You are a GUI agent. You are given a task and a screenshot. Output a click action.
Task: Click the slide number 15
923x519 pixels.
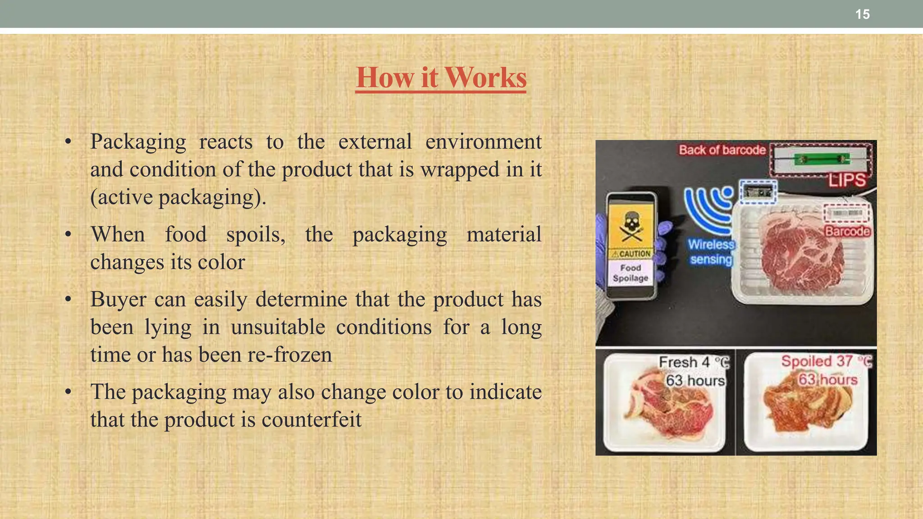tap(862, 14)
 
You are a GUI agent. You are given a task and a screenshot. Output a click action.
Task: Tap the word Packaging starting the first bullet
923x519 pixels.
tap(138, 142)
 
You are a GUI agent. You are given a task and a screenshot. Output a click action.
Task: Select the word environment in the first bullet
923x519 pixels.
tap(483, 142)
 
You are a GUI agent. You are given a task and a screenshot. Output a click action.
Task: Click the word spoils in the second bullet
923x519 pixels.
tap(255, 235)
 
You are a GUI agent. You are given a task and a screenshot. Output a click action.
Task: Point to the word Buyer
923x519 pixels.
tap(118, 300)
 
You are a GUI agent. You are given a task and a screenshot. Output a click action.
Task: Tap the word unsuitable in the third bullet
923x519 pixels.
tap(278, 328)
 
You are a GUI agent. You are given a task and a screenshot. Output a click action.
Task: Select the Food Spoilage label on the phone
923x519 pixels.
tap(631, 273)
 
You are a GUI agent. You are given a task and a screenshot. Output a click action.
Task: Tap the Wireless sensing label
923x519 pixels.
tap(711, 252)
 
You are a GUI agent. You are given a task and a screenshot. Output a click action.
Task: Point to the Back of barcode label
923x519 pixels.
tap(722, 150)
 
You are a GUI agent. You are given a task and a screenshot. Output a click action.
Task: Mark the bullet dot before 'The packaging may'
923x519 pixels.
tap(68, 392)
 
